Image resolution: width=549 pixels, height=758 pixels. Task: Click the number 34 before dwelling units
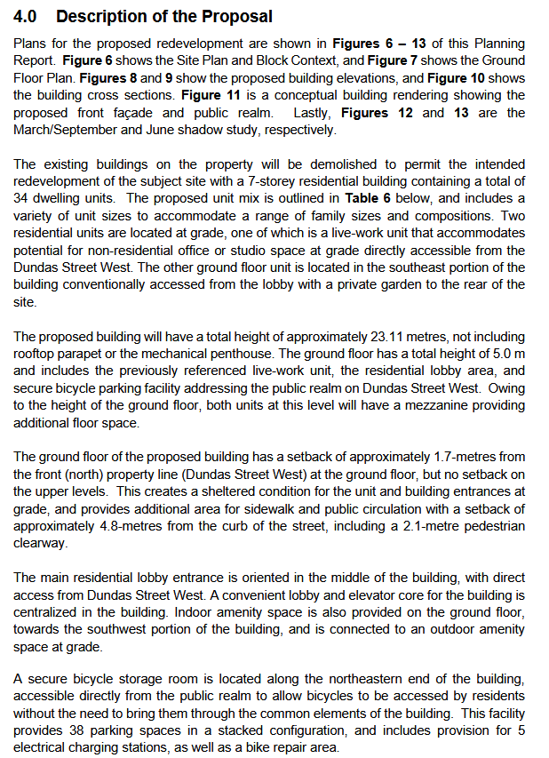[22, 198]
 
